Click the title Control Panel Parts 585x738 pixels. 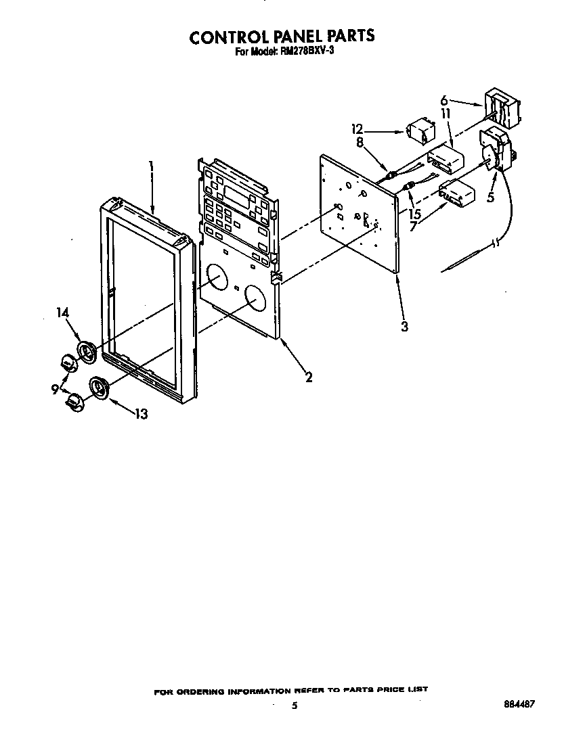pyautogui.click(x=281, y=36)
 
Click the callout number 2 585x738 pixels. pyautogui.click(x=309, y=377)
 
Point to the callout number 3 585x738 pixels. pyautogui.click(x=404, y=327)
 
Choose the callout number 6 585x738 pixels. pyautogui.click(x=443, y=99)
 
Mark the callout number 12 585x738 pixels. pyautogui.click(x=357, y=129)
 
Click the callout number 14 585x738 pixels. pyautogui.click(x=63, y=313)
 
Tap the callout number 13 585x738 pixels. pyautogui.click(x=141, y=414)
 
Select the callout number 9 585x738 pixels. pyautogui.click(x=55, y=389)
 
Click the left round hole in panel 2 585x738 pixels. pyautogui.click(x=217, y=278)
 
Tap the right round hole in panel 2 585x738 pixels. pyautogui.click(x=255, y=298)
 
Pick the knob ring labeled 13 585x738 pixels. pyautogui.click(x=100, y=389)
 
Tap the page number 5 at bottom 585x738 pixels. pyautogui.click(x=294, y=706)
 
